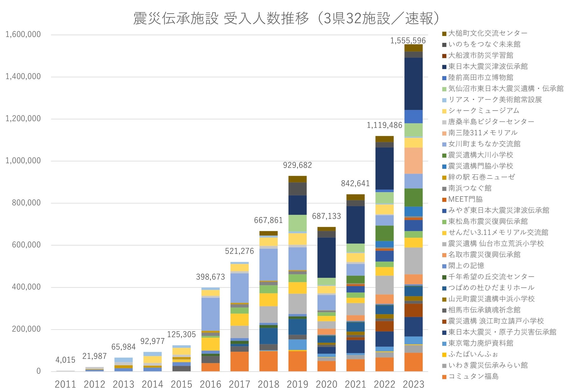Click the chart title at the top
(x=286, y=18)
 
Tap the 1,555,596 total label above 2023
(x=408, y=40)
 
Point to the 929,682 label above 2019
(x=297, y=165)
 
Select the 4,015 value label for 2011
(x=65, y=360)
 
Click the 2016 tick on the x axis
(x=210, y=384)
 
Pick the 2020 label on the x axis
(x=326, y=384)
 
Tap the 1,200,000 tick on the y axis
(x=23, y=119)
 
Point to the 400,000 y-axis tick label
(x=26, y=287)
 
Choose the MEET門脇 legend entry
(x=465, y=199)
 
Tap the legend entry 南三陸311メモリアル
(x=483, y=133)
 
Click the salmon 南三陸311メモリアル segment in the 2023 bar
(x=413, y=161)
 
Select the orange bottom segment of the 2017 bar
(x=239, y=361)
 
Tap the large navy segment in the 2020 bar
(x=326, y=257)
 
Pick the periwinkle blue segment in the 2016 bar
(x=210, y=314)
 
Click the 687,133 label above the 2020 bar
(x=326, y=216)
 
